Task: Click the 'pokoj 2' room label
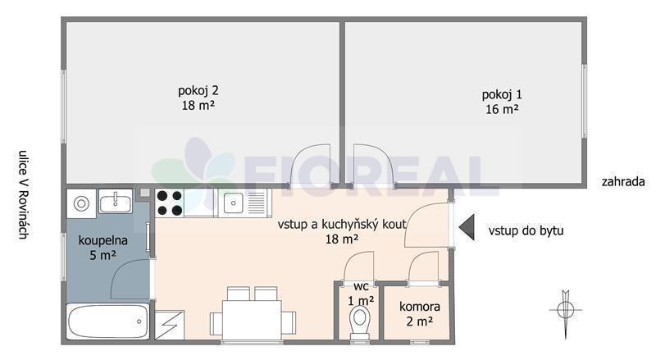(x=198, y=91)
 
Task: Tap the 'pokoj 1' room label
(x=502, y=94)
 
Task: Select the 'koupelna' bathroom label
(x=103, y=241)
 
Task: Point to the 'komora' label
(x=420, y=307)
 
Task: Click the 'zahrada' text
(x=623, y=182)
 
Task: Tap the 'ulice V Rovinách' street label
(x=23, y=194)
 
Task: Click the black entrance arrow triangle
(x=467, y=227)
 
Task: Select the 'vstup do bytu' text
(x=526, y=230)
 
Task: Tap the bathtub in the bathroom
(x=108, y=321)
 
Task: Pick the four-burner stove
(x=170, y=203)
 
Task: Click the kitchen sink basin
(x=234, y=203)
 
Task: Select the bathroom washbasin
(x=115, y=202)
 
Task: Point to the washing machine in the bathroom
(x=81, y=203)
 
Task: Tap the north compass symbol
(x=566, y=311)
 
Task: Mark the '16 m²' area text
(x=502, y=109)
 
